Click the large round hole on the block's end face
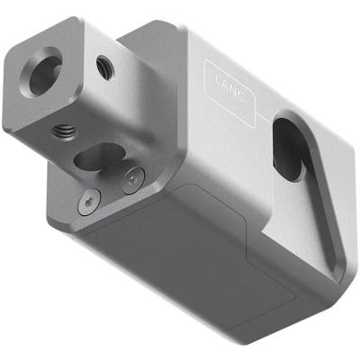coord(46,75)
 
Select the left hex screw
coord(86,203)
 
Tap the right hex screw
coord(134,180)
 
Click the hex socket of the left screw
coord(86,203)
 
